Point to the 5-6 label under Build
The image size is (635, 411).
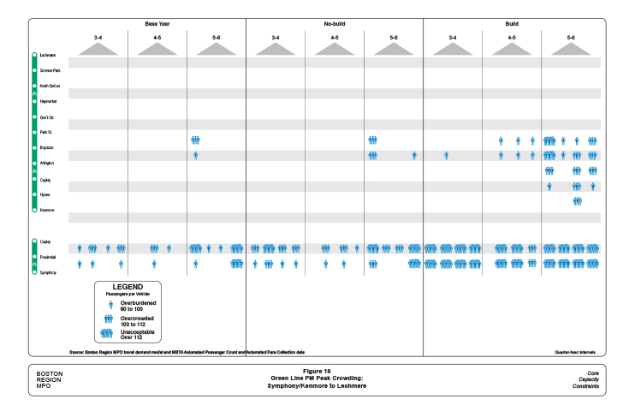(571, 38)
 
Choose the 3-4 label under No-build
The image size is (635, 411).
(276, 38)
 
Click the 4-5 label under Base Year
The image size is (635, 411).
(157, 38)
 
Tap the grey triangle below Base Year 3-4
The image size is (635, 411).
(98, 50)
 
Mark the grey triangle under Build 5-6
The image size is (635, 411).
(571, 50)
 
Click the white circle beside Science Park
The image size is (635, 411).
(34, 69)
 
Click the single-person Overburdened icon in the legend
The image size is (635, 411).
(110, 304)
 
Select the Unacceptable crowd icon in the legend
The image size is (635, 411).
(107, 334)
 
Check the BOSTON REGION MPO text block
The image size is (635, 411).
(49, 380)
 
